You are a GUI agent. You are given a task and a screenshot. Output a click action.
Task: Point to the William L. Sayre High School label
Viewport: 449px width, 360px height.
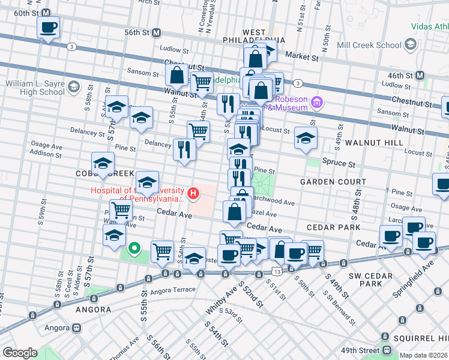point(33,88)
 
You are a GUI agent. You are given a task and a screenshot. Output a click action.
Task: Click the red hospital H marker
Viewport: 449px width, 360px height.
point(193,193)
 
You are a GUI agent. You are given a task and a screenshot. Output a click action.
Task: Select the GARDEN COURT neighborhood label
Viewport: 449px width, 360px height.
point(333,182)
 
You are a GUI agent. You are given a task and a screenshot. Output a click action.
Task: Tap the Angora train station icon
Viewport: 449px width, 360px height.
point(76,328)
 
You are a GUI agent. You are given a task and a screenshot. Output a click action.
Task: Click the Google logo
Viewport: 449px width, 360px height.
point(20,353)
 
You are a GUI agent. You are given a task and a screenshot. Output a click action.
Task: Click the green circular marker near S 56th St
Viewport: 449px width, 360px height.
point(136,247)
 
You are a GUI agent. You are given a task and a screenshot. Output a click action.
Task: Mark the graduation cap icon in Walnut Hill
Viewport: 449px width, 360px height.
point(306,138)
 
